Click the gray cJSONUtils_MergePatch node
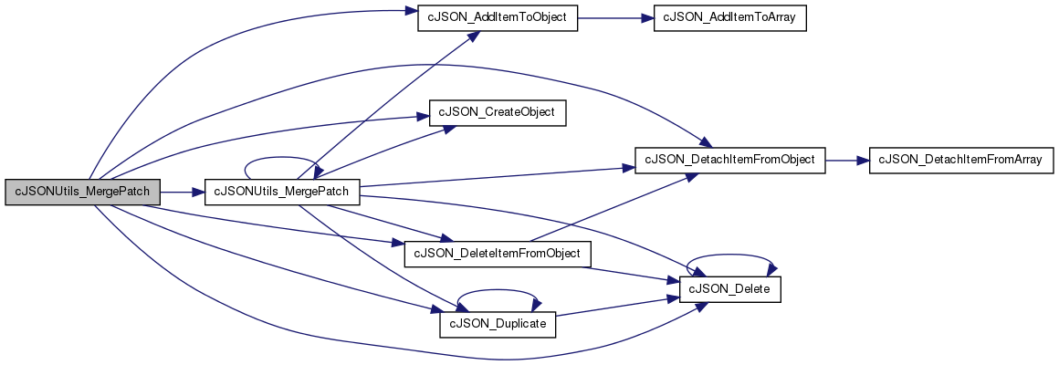[83, 193]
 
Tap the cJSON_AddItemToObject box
[498, 19]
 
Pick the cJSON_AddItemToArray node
[730, 19]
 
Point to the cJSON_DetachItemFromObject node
[730, 160]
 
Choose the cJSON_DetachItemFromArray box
[961, 160]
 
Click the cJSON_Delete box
[730, 289]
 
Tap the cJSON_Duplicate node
[498, 325]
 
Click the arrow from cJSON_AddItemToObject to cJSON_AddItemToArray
[615, 19]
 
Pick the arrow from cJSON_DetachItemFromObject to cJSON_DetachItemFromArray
[847, 160]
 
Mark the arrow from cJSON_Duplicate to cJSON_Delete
[617, 307]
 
